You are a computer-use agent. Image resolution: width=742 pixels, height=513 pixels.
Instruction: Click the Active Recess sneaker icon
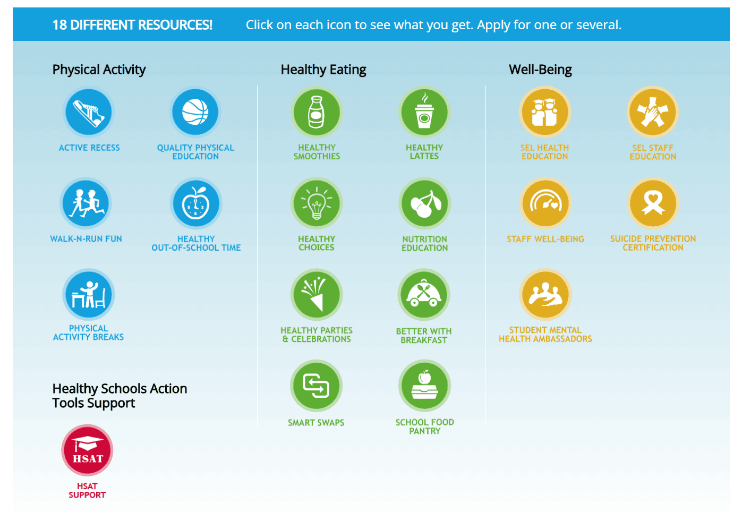89,112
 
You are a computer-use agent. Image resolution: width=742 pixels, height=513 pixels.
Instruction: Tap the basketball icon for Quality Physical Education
195,112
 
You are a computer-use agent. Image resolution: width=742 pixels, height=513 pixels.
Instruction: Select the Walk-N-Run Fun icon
86,203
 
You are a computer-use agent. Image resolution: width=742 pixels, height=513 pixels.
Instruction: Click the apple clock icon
196,203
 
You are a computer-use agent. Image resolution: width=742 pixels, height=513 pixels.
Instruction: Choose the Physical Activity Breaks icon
89,294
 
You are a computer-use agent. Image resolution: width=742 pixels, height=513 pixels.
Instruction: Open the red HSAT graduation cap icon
87,450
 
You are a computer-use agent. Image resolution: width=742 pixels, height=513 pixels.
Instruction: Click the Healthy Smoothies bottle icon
317,112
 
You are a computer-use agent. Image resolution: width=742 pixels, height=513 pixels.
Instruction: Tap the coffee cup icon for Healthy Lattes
424,112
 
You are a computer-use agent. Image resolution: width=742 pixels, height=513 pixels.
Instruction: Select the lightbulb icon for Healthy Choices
317,203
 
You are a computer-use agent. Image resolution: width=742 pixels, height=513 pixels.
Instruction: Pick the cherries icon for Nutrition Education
425,203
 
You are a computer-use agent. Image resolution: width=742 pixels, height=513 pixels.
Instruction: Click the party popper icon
317,294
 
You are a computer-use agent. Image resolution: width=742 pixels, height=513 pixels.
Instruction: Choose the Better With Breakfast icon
424,294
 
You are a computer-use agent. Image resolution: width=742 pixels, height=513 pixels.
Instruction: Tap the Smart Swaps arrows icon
317,386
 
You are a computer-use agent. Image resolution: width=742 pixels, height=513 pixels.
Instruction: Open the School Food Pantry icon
425,386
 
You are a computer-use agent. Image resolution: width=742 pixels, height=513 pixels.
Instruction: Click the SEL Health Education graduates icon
545,112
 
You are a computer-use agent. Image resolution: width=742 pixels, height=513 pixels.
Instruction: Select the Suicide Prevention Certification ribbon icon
653,203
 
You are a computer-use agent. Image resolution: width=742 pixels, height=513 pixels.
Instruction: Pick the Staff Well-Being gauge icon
545,203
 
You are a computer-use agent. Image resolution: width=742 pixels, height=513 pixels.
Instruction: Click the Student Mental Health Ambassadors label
545,335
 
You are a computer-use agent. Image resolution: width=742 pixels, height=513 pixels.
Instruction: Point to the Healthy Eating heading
323,70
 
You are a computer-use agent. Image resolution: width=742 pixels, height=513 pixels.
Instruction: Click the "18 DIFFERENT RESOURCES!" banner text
132,25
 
